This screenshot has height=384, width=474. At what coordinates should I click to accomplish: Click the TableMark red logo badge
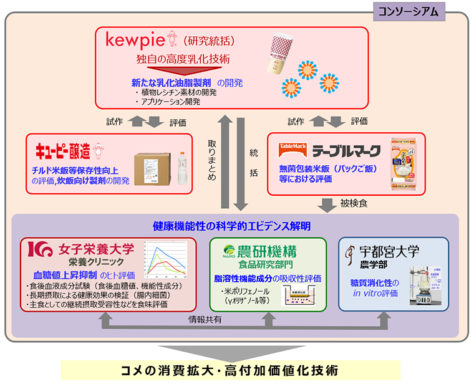tap(291, 150)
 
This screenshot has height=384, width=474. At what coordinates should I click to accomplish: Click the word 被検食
tap(354, 203)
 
